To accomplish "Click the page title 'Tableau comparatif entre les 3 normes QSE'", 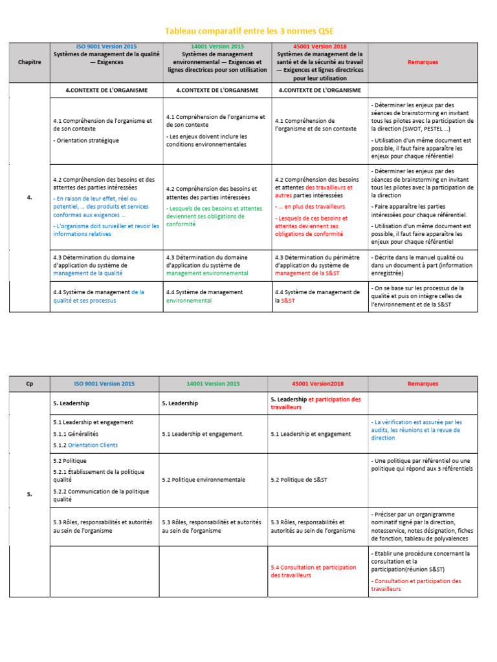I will click(250, 31).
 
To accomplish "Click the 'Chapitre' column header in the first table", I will click(30, 62).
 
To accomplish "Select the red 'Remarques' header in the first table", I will click(423, 62).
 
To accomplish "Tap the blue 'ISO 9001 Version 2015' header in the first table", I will click(106, 47).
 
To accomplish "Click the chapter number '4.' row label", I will click(30, 197).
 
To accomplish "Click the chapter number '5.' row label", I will click(30, 494).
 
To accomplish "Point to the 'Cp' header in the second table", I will click(30, 383).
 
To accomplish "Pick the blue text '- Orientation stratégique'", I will click(86, 140).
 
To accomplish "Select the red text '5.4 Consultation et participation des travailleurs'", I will click(313, 571).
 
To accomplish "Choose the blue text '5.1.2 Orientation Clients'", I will click(85, 445).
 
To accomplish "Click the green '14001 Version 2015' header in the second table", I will click(212, 383).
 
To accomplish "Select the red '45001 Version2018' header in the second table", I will click(318, 383).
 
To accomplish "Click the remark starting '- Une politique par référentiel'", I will click(423, 464).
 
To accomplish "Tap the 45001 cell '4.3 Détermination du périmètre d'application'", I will click(316, 265).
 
